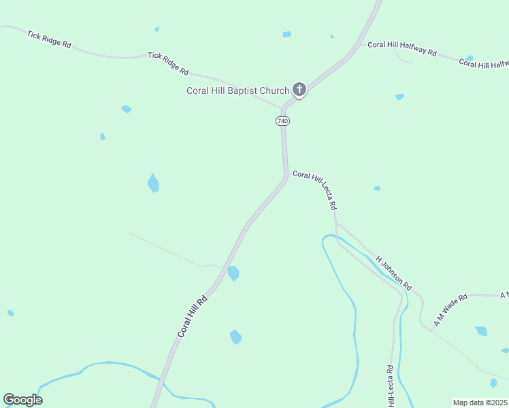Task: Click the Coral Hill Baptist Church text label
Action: (237, 91)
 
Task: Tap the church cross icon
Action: (299, 89)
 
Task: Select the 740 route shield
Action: (282, 121)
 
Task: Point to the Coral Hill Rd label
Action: (192, 315)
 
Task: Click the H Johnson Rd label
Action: (394, 273)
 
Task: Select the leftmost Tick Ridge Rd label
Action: (49, 39)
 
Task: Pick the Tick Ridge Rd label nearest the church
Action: (167, 63)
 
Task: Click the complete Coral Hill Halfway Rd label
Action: (401, 49)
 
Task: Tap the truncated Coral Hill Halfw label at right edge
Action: (484, 64)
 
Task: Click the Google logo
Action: (22, 400)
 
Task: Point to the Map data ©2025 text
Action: (480, 403)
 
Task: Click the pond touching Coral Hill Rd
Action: (233, 273)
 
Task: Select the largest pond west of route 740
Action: (153, 183)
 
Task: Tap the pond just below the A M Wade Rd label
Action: (481, 331)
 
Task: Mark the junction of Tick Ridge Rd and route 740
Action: (282, 107)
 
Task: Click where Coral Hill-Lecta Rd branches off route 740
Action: (286, 175)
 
